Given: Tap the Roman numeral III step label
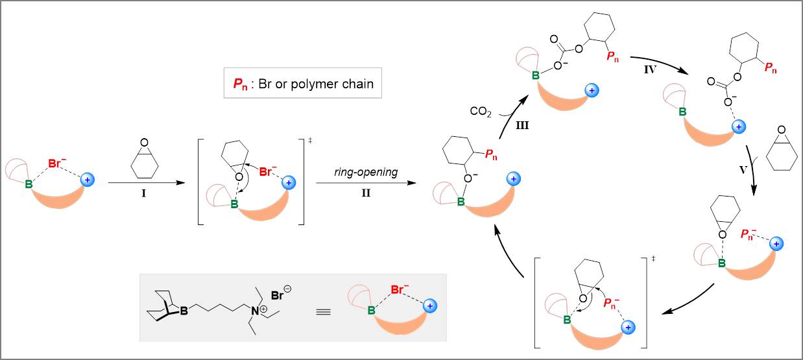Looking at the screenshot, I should pos(522,126).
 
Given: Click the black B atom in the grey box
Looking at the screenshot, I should pos(184,313).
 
